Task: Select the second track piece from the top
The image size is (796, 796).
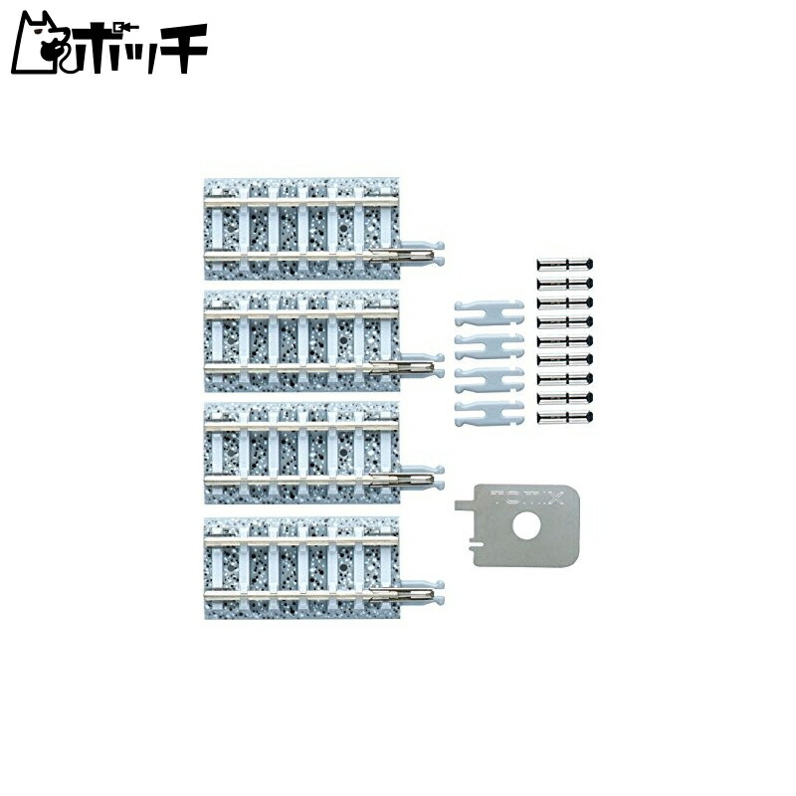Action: pos(303,339)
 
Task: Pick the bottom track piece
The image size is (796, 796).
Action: pos(303,563)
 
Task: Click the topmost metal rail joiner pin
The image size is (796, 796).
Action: pos(565,265)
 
